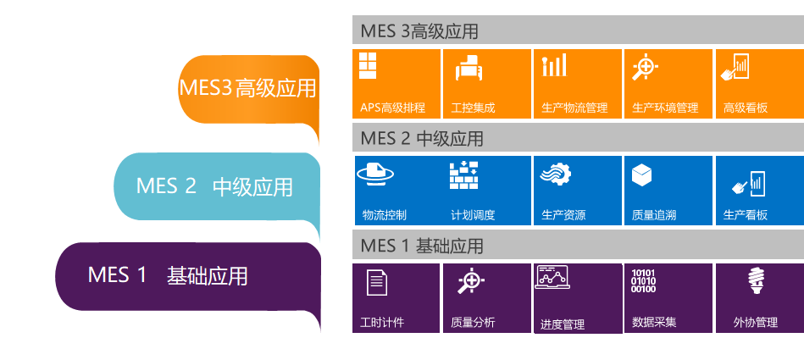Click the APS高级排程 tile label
[x=392, y=108]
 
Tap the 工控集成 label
[x=473, y=108]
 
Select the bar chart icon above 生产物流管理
[x=555, y=65]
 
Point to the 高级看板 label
[x=745, y=108]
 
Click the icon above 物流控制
[x=375, y=174]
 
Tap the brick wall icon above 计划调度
[x=464, y=174]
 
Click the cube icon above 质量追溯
[x=641, y=174]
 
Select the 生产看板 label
[x=745, y=215]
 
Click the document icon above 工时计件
[x=377, y=282]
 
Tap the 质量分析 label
[x=473, y=323]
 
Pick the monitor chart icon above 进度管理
[x=552, y=277]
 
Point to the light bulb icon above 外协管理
[x=757, y=280]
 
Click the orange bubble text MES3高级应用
[x=247, y=88]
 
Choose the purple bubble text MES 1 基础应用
[x=168, y=275]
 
